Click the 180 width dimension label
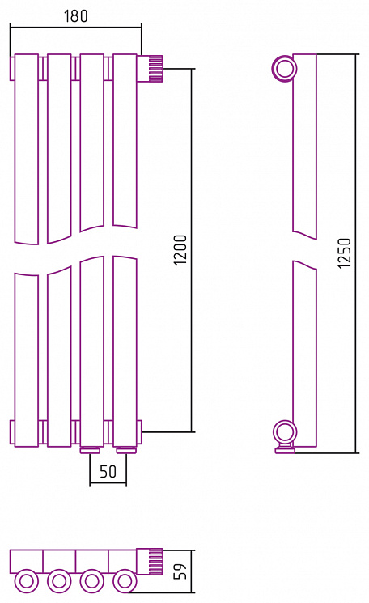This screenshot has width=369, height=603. point(76,15)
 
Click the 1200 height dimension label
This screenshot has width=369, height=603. point(180,249)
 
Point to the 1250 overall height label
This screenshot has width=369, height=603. point(345,253)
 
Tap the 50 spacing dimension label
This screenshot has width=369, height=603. point(108,471)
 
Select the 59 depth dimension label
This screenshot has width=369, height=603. point(180,571)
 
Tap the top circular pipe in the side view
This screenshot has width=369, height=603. point(285,69)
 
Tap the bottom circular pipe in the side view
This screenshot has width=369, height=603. point(285,433)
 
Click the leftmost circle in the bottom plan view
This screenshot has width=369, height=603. point(27,580)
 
